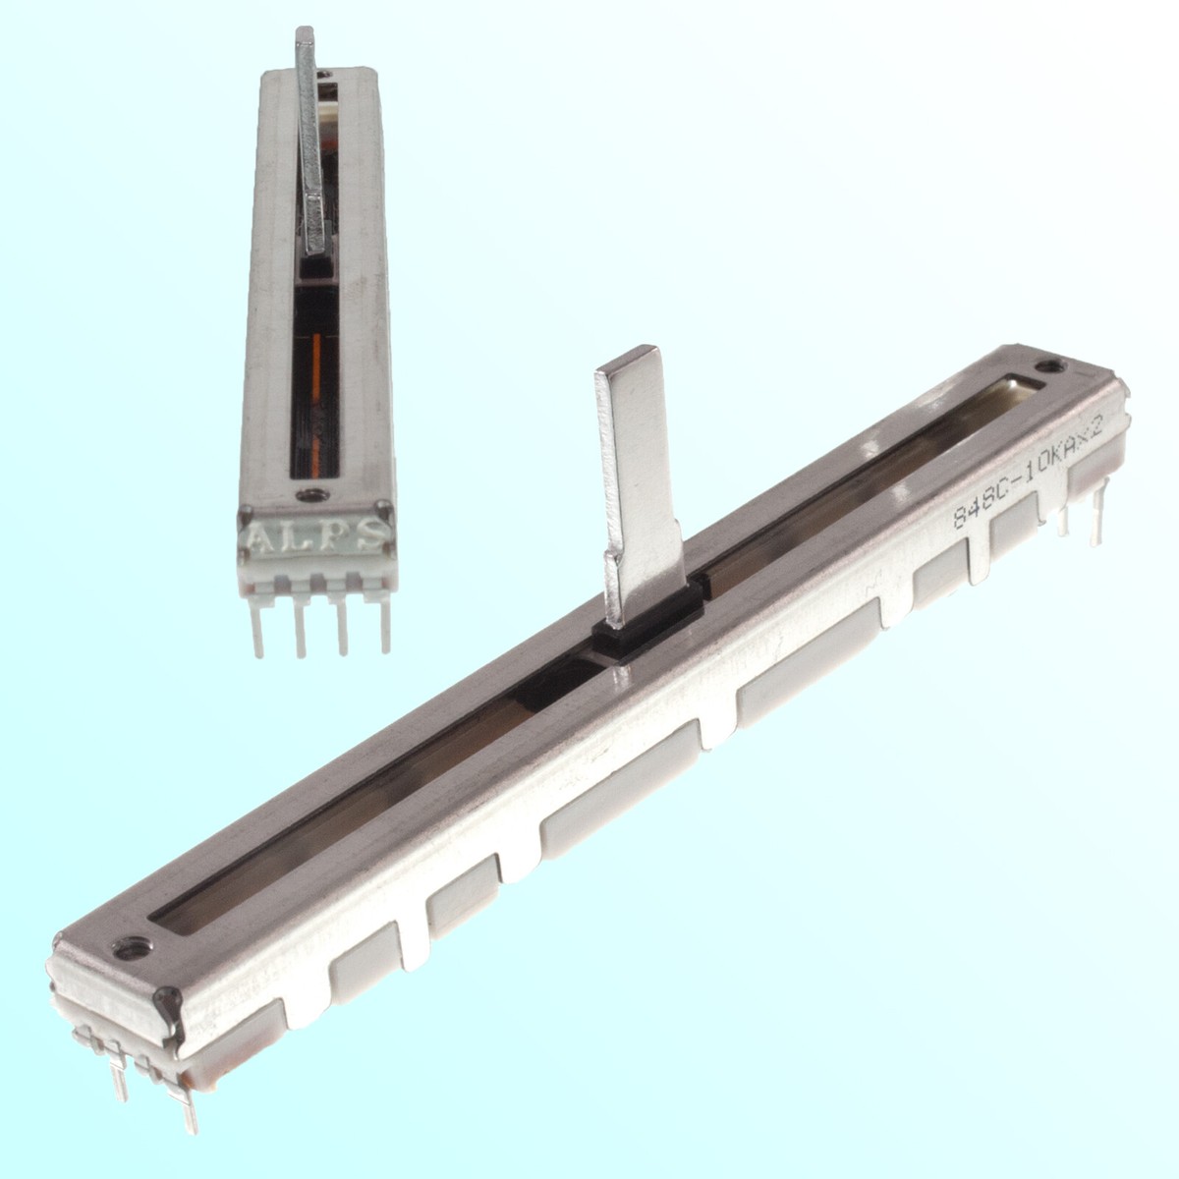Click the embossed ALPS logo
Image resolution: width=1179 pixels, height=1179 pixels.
(315, 537)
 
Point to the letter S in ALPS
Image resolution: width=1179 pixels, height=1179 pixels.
(372, 533)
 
